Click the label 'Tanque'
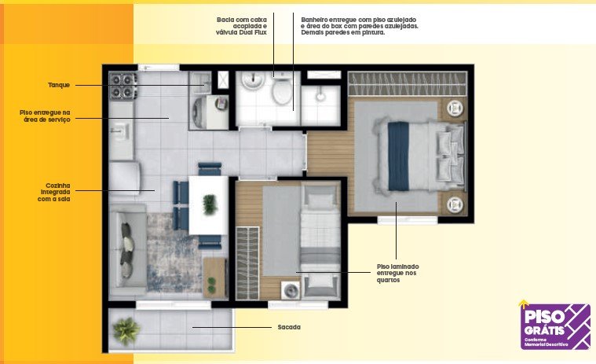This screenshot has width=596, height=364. tap(59, 85)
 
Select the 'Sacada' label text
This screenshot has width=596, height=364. tap(287, 326)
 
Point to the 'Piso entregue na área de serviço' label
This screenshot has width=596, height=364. tap(45, 116)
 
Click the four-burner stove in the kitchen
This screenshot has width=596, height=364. tap(122, 86)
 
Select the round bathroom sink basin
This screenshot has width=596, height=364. tap(253, 81)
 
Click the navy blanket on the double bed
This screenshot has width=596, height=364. tap(398, 155)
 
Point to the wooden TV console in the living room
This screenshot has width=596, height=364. tap(214, 278)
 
